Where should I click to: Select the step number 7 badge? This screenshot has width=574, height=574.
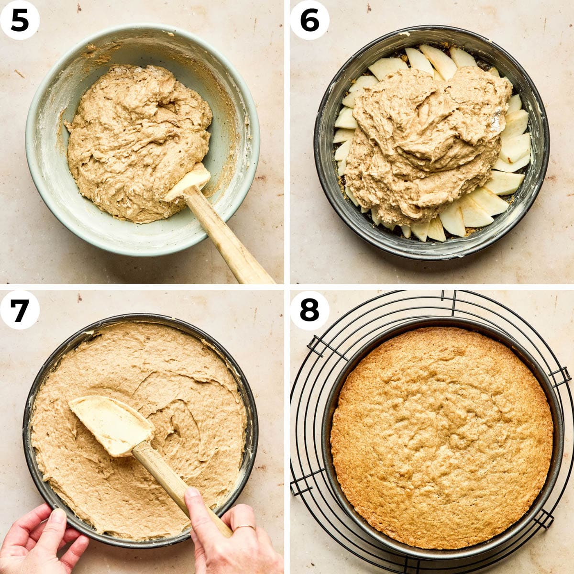pos(20,310)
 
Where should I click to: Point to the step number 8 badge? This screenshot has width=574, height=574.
pos(310,310)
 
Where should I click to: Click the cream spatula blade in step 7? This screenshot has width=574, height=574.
pos(112,424)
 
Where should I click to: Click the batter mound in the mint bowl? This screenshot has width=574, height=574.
pos(139,143)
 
